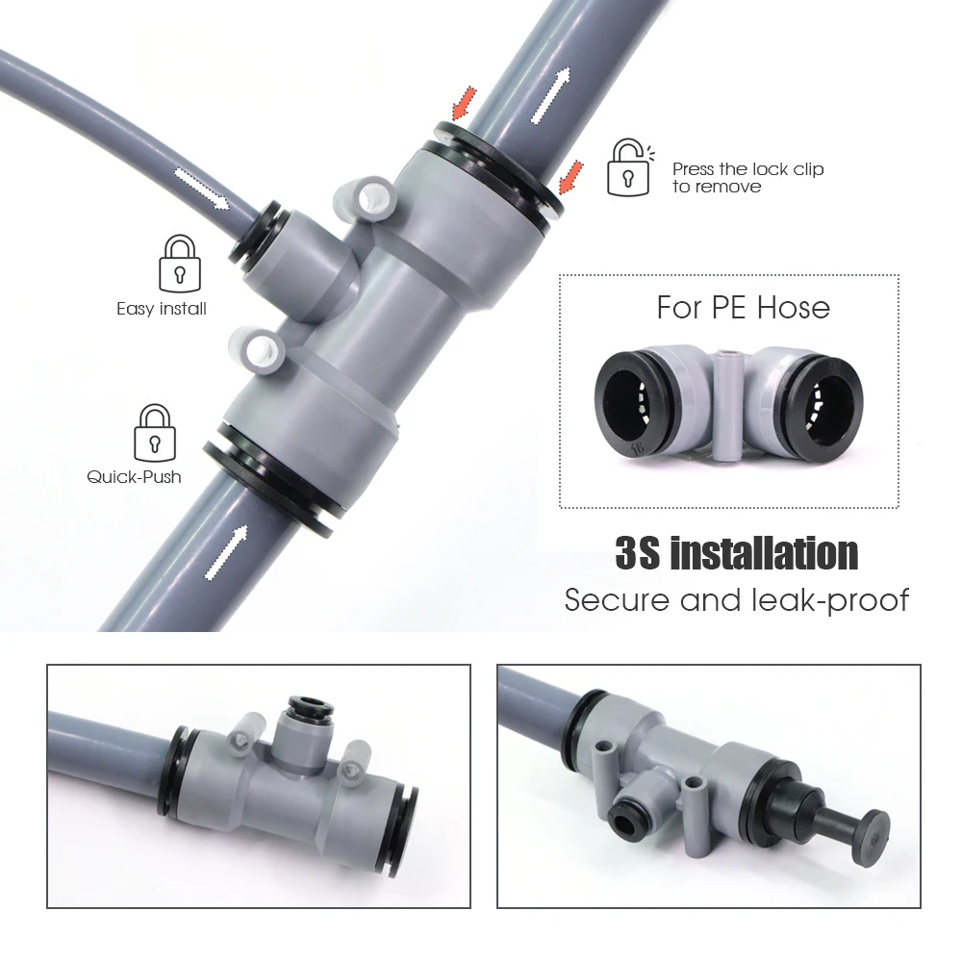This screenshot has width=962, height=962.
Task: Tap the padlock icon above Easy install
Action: pyautogui.click(x=180, y=265)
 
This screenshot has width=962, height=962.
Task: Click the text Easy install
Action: pyautogui.click(x=162, y=309)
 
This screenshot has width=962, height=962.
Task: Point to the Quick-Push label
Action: pyautogui.click(x=134, y=476)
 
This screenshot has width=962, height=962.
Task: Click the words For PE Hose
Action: pyautogui.click(x=743, y=308)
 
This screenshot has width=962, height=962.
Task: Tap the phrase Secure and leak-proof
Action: pyautogui.click(x=736, y=600)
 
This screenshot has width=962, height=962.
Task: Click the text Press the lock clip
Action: pyautogui.click(x=747, y=169)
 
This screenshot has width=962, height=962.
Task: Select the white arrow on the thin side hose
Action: pyautogui.click(x=202, y=187)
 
